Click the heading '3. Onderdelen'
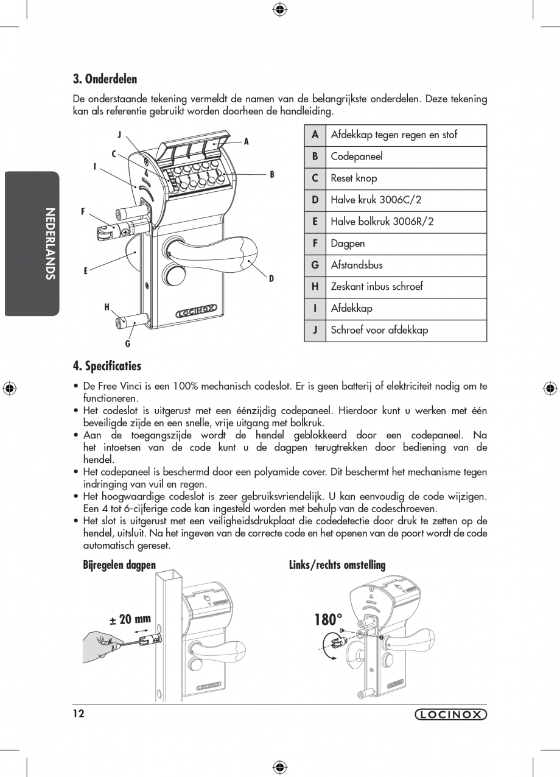click(x=105, y=79)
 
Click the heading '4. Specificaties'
click(x=107, y=366)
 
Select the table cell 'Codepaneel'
click(x=357, y=156)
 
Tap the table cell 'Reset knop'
click(x=354, y=178)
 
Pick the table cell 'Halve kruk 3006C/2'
click(x=376, y=200)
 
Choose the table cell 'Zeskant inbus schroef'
click(x=376, y=286)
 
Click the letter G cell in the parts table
click(x=315, y=265)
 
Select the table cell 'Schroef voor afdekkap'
click(x=379, y=330)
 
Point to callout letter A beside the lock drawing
click(x=247, y=142)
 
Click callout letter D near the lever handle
click(x=271, y=278)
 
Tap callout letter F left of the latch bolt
click(x=83, y=212)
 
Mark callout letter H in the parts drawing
click(x=107, y=308)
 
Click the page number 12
click(x=78, y=714)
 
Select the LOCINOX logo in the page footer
click(x=451, y=715)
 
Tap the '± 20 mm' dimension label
click(x=130, y=619)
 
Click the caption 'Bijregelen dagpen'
click(x=119, y=565)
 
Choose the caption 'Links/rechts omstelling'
click(x=337, y=565)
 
